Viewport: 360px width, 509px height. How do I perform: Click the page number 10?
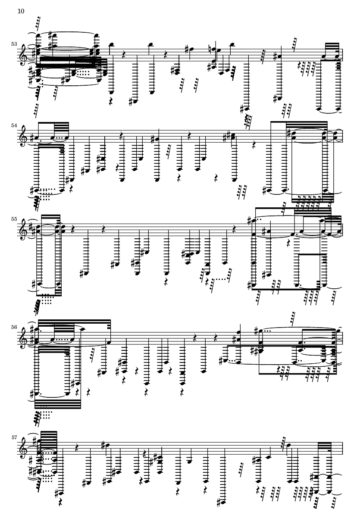coord(21,11)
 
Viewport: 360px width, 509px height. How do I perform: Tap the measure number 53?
coord(14,44)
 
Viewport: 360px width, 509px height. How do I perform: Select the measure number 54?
coord(14,125)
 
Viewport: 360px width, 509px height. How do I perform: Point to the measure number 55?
coord(14,219)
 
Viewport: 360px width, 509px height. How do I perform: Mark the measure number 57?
coord(14,437)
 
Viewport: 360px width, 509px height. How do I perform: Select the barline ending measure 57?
coord(342,450)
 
